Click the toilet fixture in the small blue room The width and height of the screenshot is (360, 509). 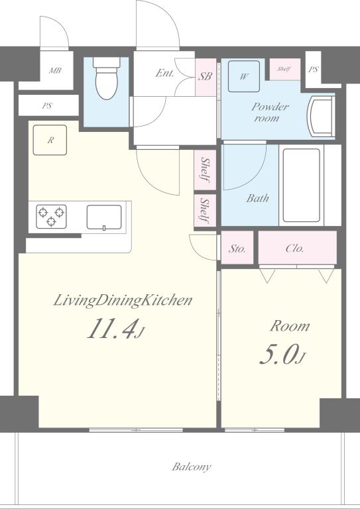click(107, 78)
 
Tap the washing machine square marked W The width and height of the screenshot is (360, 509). click(244, 76)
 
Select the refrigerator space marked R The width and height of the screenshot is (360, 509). click(50, 140)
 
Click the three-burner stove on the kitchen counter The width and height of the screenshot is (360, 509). click(51, 217)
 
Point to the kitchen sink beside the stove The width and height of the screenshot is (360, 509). click(104, 217)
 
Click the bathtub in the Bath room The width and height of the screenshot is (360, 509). click(301, 185)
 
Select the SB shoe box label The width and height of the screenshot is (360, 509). click(205, 76)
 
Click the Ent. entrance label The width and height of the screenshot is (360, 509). click(164, 73)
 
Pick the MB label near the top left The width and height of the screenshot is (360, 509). click(55, 70)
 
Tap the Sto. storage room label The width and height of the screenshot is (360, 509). click(237, 249)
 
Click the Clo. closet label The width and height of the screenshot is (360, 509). click(295, 249)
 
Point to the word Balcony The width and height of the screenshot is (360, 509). click(191, 467)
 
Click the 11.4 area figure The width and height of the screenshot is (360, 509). click(111, 328)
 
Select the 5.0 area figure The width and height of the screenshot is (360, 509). click(278, 354)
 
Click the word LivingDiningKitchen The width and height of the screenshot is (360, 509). click(123, 300)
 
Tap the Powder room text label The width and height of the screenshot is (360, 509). click(269, 112)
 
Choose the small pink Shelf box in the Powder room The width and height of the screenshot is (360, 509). click(284, 69)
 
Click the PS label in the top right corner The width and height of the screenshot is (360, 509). click(313, 69)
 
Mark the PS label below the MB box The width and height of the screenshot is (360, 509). click(47, 106)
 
